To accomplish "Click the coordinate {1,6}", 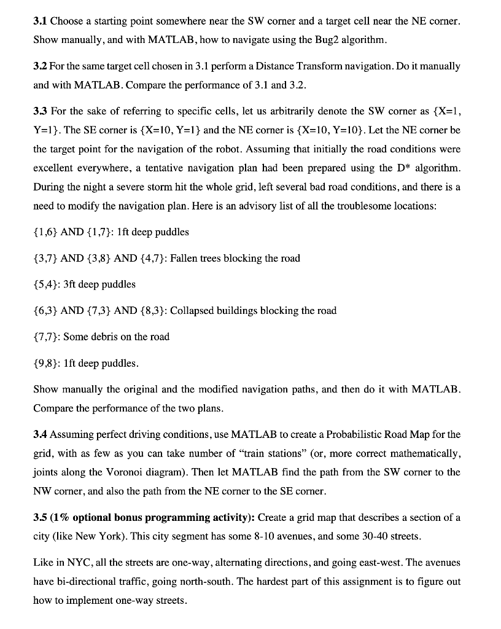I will click(x=45, y=232).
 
